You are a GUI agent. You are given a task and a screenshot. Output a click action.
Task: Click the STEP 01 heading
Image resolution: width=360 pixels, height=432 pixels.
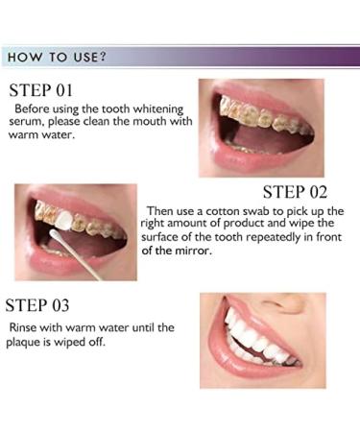click(41, 90)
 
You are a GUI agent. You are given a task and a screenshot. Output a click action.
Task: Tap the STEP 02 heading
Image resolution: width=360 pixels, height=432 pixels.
click(295, 192)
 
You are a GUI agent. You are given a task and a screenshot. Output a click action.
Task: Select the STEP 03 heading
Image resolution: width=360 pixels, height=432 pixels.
click(37, 305)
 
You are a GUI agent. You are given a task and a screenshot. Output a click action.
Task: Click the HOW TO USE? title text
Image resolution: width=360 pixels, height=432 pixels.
click(57, 58)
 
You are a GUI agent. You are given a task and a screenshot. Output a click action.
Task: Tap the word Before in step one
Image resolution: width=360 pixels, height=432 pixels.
click(32, 108)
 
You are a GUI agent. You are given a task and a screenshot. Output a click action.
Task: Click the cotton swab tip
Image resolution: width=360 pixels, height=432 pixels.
click(54, 234)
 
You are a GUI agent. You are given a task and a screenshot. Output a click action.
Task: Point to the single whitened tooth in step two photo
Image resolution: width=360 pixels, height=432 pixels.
click(64, 220)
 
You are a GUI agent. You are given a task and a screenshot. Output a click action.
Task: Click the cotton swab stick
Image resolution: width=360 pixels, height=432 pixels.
click(77, 255)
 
